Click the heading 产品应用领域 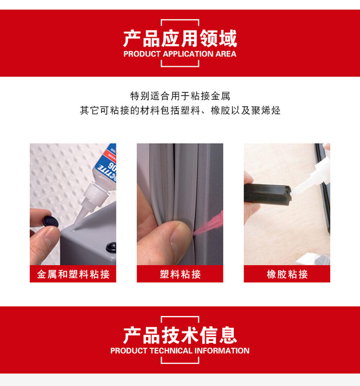tap(180, 39)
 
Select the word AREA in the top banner tap(226, 54)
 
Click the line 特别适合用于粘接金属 tap(180, 96)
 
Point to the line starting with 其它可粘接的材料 tap(180, 111)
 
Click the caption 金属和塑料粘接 tap(73, 274)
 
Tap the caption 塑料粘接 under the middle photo tap(180, 274)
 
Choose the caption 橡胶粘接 tap(287, 274)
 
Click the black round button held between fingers tap(50, 221)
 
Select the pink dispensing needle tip tap(208, 225)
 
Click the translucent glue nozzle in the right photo tap(311, 177)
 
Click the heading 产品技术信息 tap(180, 335)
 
